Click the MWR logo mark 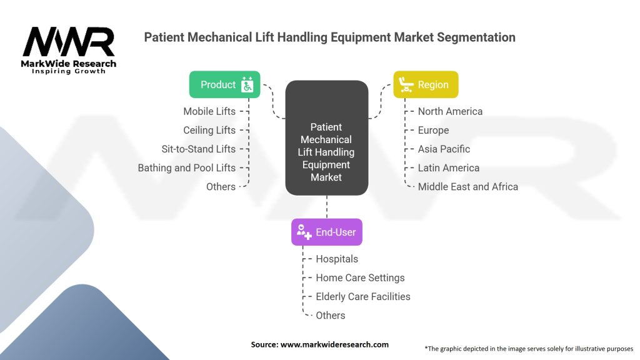[x=69, y=42]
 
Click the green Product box [x=224, y=84]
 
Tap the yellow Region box [x=426, y=84]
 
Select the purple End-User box [x=326, y=232]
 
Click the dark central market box [x=326, y=137]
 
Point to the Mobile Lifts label [x=209, y=111]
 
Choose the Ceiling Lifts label [x=209, y=130]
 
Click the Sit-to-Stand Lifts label [x=198, y=149]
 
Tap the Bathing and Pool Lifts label [x=186, y=167]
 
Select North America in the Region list [x=450, y=111]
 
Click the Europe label [x=434, y=130]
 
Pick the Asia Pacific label [x=444, y=149]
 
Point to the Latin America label [x=449, y=167]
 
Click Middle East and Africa [x=468, y=186]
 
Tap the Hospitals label [x=337, y=259]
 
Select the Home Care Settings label [x=361, y=277]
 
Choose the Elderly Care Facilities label [x=363, y=296]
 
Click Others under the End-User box [x=331, y=315]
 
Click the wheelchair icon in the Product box [x=247, y=84]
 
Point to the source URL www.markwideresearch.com [x=335, y=344]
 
